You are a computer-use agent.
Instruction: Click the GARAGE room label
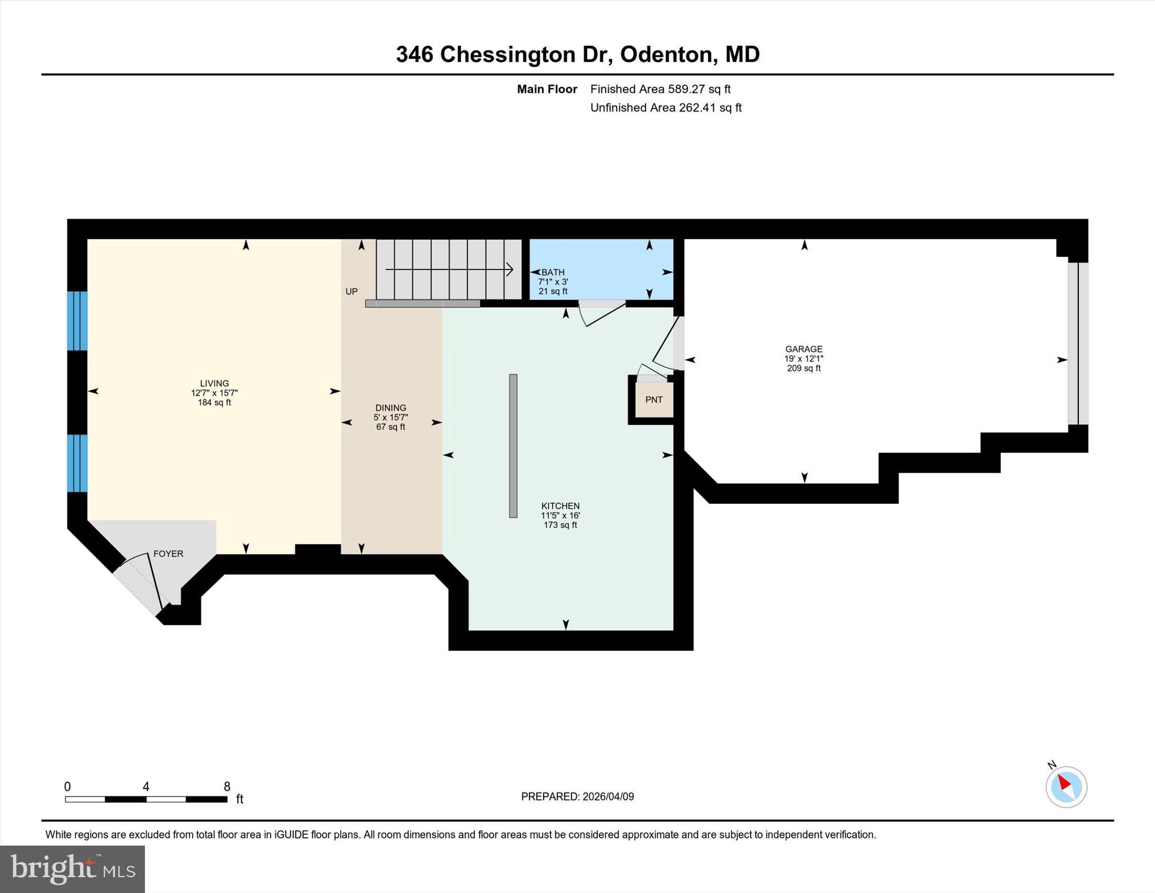click(804, 349)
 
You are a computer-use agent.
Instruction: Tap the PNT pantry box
click(654, 399)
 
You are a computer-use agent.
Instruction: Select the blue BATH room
click(601, 270)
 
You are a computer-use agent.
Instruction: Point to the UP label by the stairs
click(351, 292)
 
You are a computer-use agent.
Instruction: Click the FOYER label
click(168, 553)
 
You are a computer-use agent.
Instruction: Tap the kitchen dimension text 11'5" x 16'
click(560, 515)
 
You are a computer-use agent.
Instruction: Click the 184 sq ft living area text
click(214, 402)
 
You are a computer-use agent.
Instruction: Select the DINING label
click(390, 407)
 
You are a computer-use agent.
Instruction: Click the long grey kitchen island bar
click(513, 446)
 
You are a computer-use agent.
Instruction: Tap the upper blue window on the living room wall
click(77, 320)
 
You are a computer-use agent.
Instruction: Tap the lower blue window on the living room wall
click(77, 463)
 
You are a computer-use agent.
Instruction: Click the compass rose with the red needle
click(1065, 786)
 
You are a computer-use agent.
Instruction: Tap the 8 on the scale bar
click(227, 786)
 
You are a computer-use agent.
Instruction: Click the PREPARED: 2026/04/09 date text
click(577, 797)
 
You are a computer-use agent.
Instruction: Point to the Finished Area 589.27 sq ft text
click(660, 89)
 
